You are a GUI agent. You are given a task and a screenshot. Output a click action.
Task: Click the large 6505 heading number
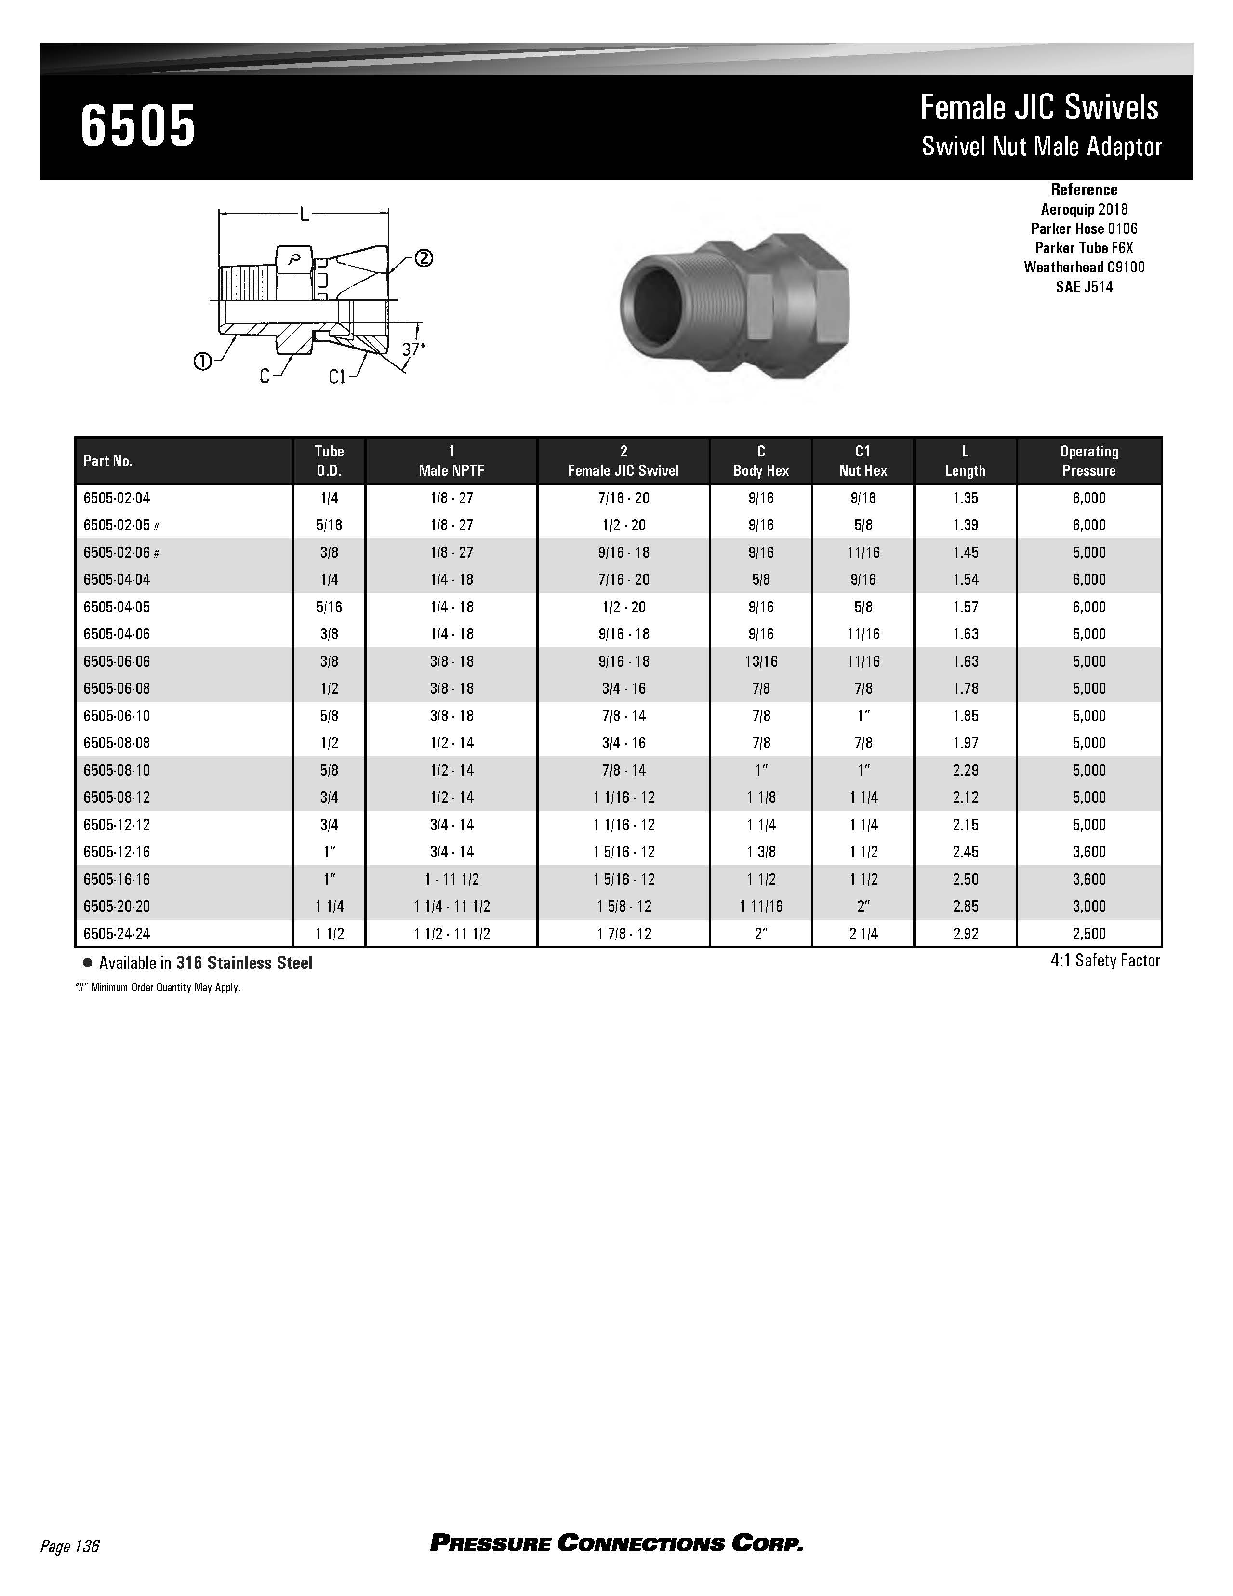pyautogui.click(x=138, y=126)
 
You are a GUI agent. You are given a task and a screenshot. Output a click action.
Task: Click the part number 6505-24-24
pyautogui.click(x=117, y=933)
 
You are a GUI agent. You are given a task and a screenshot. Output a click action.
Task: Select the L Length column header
pyautogui.click(x=965, y=461)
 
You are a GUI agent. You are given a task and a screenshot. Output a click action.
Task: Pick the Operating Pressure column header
pyautogui.click(x=1088, y=461)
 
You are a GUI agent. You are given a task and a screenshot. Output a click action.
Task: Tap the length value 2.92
pyautogui.click(x=965, y=933)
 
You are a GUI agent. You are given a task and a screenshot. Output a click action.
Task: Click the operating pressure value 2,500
pyautogui.click(x=1088, y=933)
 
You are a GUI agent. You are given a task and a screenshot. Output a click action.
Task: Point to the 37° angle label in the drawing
pyautogui.click(x=413, y=349)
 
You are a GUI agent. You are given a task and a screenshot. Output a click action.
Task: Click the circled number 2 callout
pyautogui.click(x=424, y=258)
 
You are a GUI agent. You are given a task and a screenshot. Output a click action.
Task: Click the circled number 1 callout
pyautogui.click(x=202, y=361)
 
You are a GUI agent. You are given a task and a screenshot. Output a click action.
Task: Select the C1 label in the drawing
pyautogui.click(x=337, y=377)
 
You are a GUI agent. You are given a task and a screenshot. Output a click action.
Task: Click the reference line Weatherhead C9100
pyautogui.click(x=1084, y=268)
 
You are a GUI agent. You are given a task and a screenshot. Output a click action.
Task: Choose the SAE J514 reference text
pyautogui.click(x=1084, y=287)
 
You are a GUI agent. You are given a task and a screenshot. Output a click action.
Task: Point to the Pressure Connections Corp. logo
pyautogui.click(x=617, y=1543)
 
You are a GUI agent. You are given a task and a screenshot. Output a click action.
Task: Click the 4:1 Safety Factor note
pyautogui.click(x=1104, y=960)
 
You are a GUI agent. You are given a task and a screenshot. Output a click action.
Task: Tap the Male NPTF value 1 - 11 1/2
pyautogui.click(x=451, y=879)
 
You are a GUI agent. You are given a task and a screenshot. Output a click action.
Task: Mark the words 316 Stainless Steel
pyautogui.click(x=244, y=963)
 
